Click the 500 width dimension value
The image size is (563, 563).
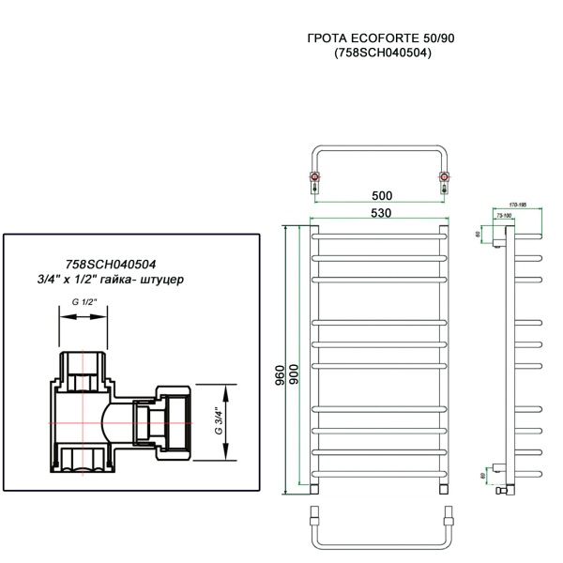[381, 195]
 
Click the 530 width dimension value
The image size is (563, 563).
[381, 213]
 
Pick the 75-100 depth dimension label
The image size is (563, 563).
[504, 215]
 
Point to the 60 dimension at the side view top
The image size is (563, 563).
[479, 234]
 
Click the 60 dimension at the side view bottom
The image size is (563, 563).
[483, 477]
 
